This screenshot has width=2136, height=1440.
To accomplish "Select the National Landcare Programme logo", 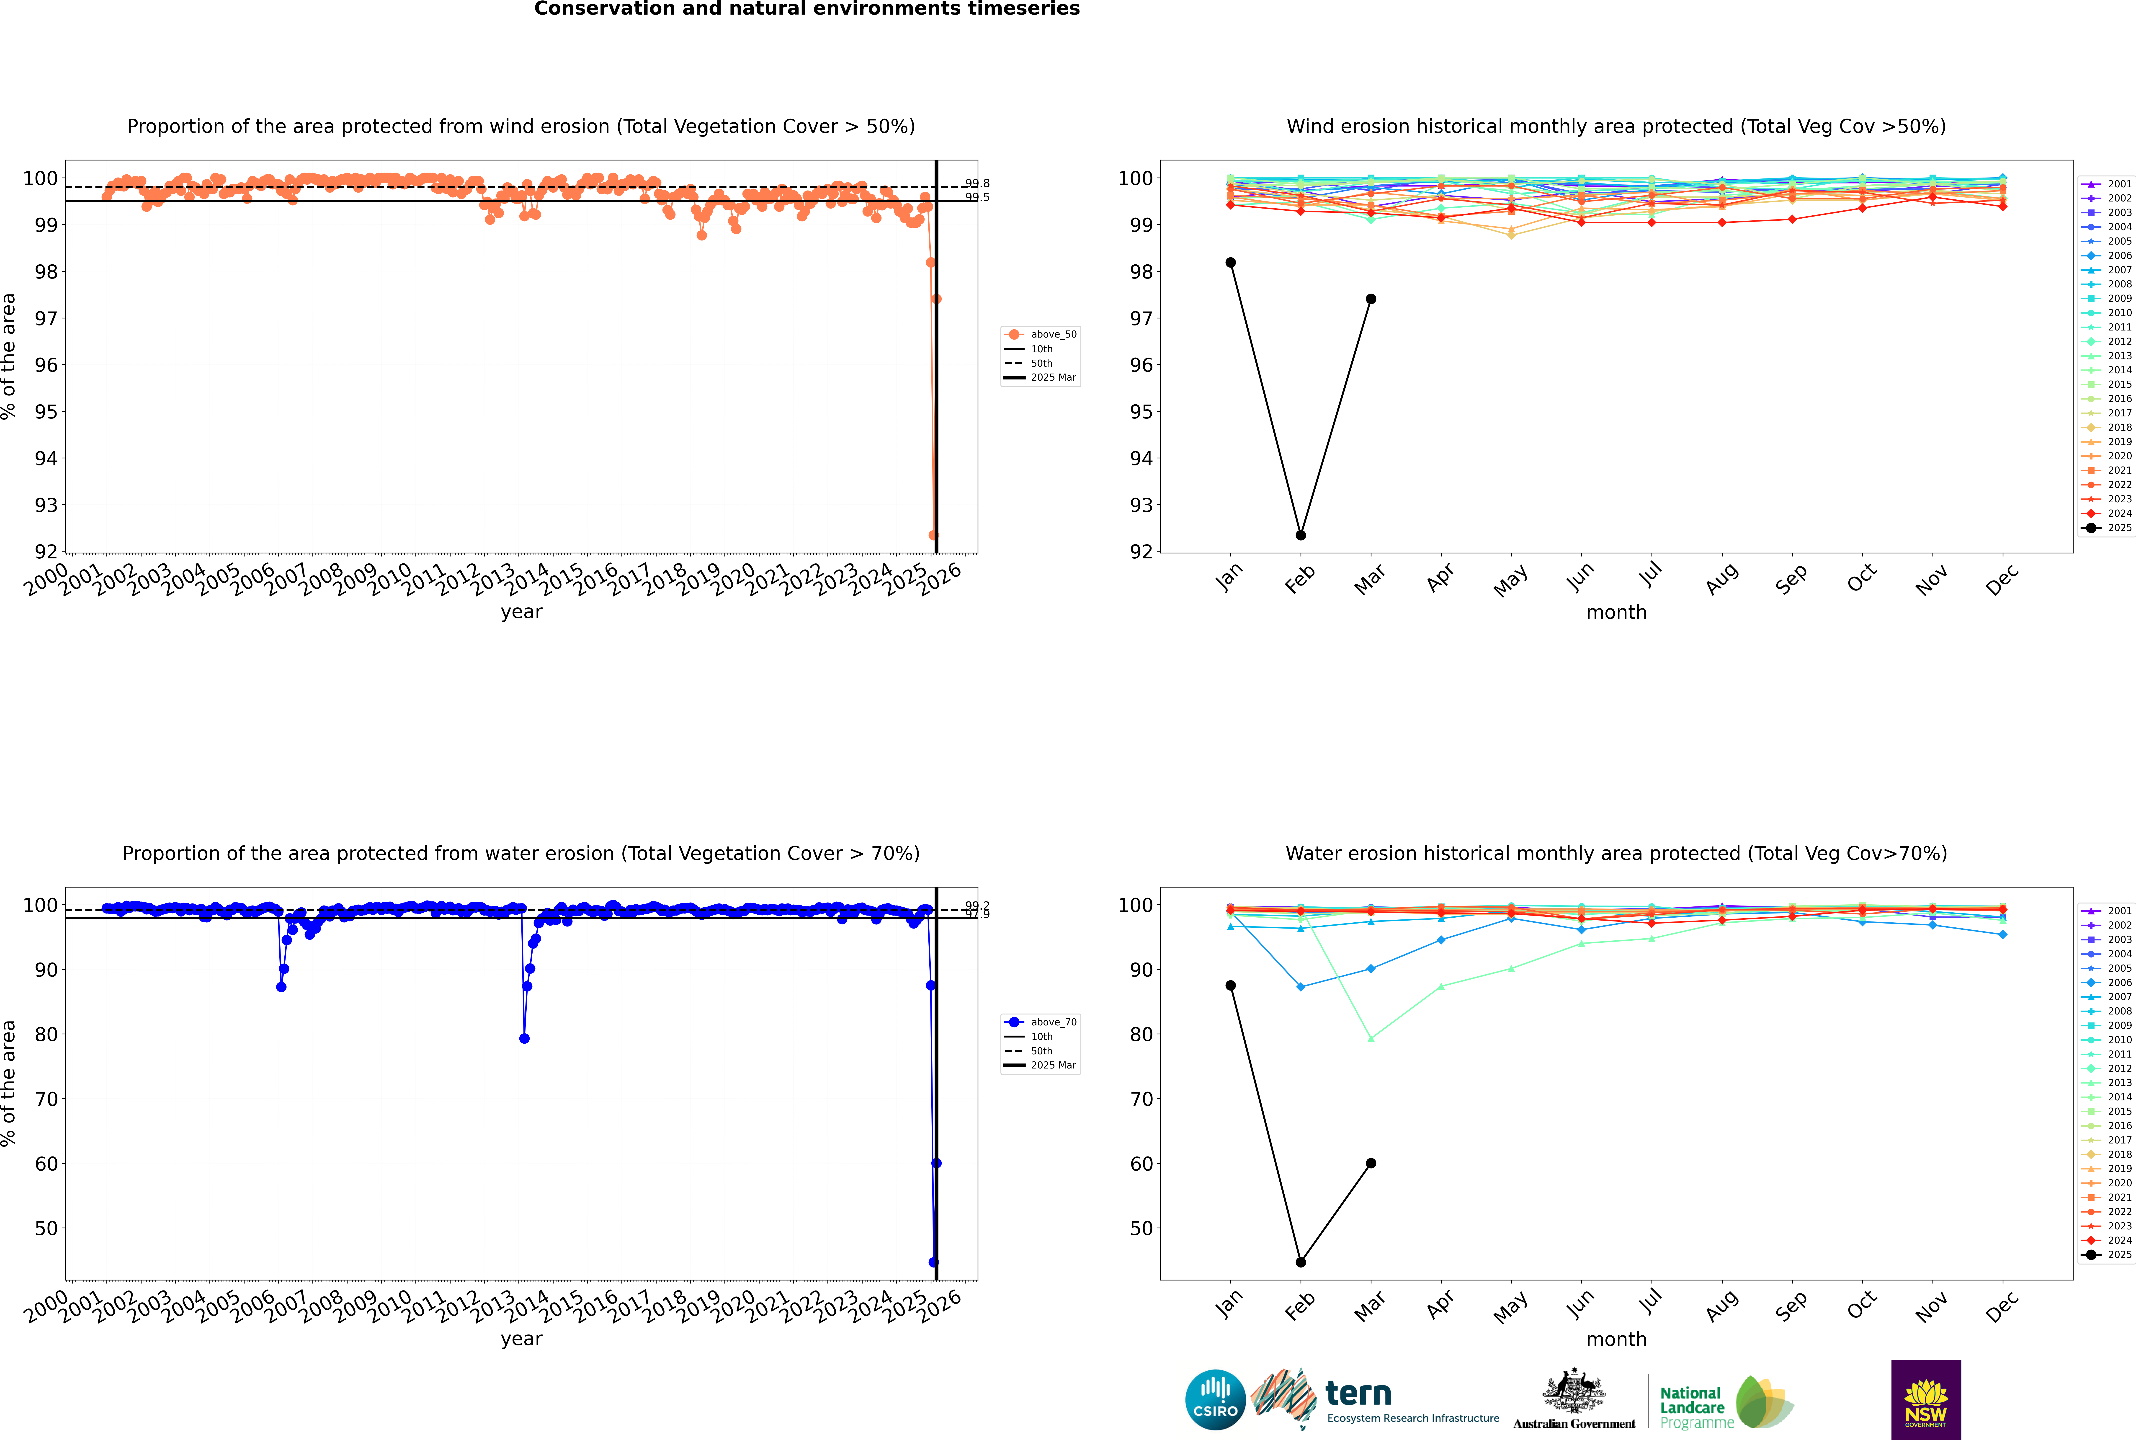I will [1725, 1402].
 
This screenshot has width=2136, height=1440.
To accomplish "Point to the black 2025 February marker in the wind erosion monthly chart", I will [1300, 535].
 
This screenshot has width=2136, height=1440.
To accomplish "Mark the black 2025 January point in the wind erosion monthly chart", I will [1231, 263].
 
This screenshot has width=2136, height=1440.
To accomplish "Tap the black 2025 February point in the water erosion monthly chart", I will [1300, 1263].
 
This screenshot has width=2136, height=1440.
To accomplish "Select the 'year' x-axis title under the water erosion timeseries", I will [522, 1339].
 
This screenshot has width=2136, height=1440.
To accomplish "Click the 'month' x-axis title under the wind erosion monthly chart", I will [1616, 613].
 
